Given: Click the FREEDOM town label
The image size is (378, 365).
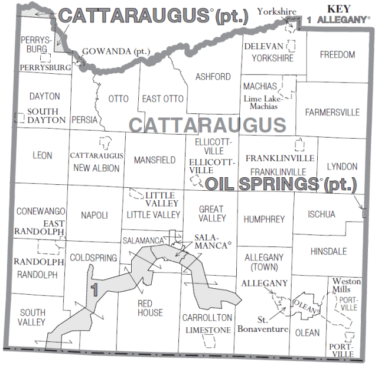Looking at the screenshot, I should tap(337, 55).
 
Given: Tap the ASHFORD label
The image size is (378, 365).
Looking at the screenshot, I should tap(213, 77).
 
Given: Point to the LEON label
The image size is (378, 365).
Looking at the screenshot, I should tap(43, 155).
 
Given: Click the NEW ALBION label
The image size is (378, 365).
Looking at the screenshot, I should tap(96, 168).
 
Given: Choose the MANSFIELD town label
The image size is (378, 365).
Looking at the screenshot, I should tap(155, 160).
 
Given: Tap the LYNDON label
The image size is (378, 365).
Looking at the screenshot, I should tap(342, 167).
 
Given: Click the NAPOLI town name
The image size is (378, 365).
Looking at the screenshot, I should tap(94, 216).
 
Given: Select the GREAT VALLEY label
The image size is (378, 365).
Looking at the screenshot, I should tap(211, 213).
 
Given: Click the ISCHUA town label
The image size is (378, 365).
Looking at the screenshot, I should tap(321, 214).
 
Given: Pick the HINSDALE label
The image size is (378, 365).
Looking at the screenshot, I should tap(328, 251).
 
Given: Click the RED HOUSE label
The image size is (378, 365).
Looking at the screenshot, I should tap(150, 308).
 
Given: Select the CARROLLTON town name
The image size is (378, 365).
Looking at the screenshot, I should tap(207, 317).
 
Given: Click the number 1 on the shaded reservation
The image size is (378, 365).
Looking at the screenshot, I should tap(94, 289).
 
